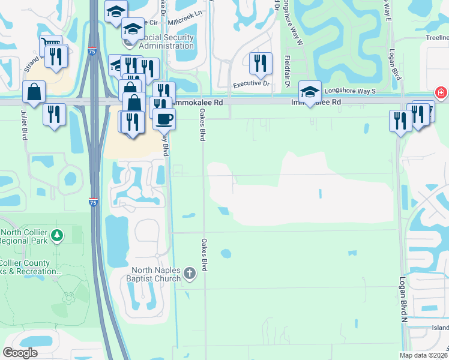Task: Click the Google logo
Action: tap(20, 353)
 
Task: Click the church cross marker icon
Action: tap(190, 274)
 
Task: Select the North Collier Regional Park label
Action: tap(25, 236)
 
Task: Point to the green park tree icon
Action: tap(57, 236)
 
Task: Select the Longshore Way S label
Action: tap(349, 91)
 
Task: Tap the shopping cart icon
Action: tap(50, 45)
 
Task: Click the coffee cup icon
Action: tap(164, 118)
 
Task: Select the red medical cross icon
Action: tap(441, 93)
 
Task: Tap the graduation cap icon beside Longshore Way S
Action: tap(310, 91)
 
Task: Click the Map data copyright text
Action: tap(423, 355)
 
